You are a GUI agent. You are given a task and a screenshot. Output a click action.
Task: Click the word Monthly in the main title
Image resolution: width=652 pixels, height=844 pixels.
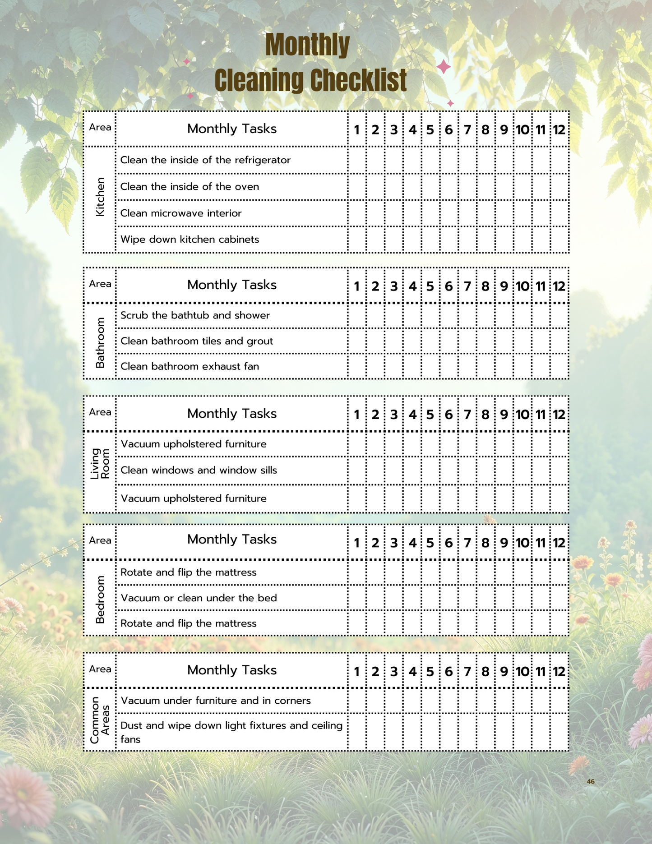(x=307, y=45)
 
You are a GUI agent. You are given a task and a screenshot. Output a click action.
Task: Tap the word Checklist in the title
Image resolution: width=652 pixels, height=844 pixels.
(x=359, y=81)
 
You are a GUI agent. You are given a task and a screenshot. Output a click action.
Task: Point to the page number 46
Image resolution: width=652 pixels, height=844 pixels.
(x=591, y=781)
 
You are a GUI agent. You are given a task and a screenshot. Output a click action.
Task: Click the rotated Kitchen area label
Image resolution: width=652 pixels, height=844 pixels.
(x=100, y=197)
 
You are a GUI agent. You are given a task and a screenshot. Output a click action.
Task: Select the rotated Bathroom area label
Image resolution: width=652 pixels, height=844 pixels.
(x=100, y=342)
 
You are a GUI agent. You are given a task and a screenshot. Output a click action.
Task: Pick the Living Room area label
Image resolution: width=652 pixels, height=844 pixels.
(x=100, y=463)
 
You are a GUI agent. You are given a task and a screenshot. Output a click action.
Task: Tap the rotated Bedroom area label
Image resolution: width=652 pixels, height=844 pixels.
(x=100, y=599)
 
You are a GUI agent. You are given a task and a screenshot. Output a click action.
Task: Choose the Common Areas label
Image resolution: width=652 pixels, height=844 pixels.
(x=100, y=720)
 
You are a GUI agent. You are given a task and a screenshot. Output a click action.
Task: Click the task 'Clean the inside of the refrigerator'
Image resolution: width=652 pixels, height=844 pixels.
(x=205, y=160)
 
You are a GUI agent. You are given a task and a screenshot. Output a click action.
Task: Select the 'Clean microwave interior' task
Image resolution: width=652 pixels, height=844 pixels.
(x=181, y=213)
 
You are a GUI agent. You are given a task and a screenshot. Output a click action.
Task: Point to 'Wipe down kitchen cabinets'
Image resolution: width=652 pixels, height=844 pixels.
(x=190, y=240)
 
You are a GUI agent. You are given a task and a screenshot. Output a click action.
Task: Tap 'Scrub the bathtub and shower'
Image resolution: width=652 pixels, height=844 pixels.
(x=195, y=315)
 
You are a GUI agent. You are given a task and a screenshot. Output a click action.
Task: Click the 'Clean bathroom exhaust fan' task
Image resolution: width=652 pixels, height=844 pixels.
(x=190, y=366)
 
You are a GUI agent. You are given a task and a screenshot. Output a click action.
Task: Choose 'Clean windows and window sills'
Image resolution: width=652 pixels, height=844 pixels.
(x=199, y=470)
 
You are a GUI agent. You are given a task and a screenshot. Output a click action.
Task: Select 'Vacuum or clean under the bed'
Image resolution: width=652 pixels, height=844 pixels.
(x=199, y=598)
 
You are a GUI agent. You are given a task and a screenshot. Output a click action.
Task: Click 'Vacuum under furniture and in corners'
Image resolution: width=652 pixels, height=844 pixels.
(x=216, y=701)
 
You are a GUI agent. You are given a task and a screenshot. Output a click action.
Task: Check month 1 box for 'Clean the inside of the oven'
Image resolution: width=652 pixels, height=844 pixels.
(x=357, y=187)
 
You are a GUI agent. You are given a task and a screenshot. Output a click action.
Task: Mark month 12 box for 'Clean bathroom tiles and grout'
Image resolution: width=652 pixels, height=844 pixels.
(x=560, y=341)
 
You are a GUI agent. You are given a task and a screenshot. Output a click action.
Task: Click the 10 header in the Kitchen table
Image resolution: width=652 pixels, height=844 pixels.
(x=523, y=130)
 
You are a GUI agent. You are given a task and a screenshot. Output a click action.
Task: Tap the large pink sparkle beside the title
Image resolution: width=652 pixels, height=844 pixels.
(x=444, y=67)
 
